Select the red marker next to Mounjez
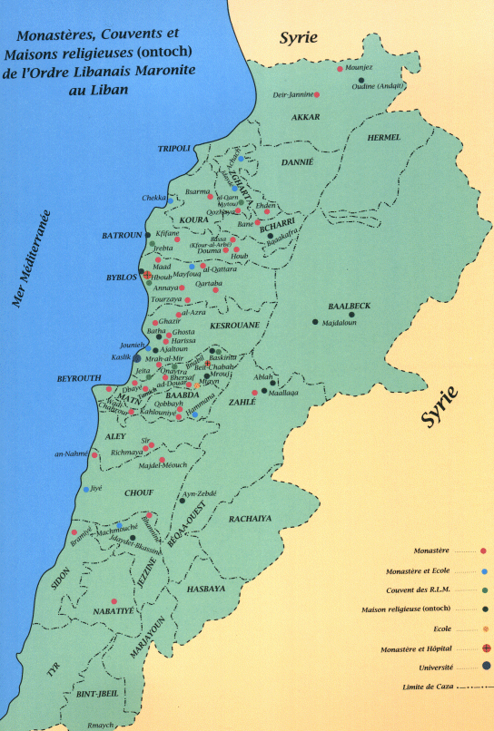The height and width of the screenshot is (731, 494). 341,69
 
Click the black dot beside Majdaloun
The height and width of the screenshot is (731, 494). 315,322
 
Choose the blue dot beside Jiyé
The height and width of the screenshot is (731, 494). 86,489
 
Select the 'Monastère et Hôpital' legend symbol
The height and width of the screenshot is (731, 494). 486,647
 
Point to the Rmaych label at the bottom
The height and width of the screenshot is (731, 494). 101,724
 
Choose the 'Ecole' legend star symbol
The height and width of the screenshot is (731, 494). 486,628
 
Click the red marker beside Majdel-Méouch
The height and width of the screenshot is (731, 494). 162,460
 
